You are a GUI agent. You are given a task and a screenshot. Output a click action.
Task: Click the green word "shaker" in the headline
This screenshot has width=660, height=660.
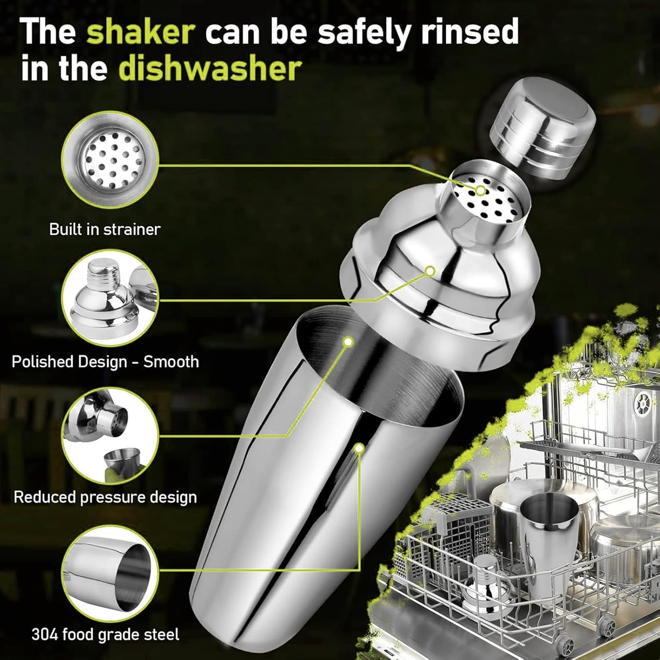click(141, 32)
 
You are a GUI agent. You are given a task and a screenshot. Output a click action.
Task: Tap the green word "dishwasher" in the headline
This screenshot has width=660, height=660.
click(210, 69)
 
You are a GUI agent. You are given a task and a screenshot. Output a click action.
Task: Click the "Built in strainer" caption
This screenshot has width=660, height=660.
click(105, 229)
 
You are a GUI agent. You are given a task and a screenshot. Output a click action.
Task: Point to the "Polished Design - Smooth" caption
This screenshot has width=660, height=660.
click(105, 362)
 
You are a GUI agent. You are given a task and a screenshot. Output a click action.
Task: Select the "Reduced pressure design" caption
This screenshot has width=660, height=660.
click(105, 497)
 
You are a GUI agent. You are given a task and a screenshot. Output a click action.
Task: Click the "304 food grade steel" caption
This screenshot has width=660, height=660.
click(105, 634)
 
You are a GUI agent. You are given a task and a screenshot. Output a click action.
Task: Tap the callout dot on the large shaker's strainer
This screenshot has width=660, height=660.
click(480, 191)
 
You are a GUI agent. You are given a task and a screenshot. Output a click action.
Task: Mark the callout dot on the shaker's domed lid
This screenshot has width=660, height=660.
click(430, 271)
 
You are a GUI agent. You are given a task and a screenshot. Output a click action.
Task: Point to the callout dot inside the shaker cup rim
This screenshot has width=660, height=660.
click(348, 341)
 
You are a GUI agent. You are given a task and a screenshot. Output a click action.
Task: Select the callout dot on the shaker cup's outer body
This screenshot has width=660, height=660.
click(359, 448)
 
